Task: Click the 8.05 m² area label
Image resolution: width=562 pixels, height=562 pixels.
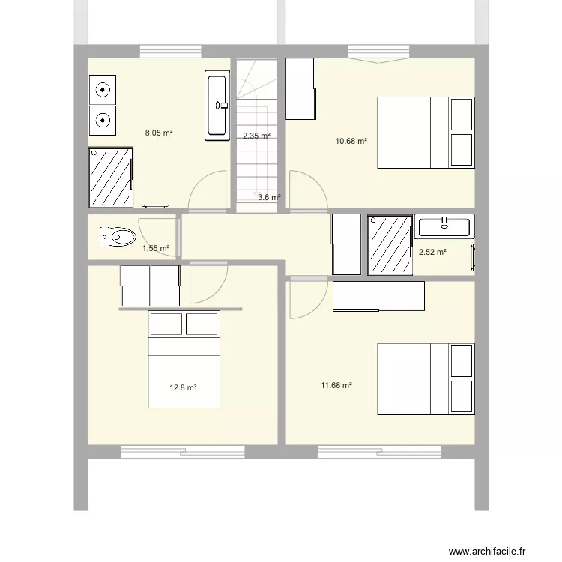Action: click(159, 133)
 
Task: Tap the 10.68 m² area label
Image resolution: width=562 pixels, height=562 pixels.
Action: click(352, 141)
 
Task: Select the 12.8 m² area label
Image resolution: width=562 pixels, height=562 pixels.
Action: click(183, 388)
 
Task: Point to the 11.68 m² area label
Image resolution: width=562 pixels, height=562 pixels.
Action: click(336, 386)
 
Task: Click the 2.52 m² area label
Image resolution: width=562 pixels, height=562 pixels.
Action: click(432, 253)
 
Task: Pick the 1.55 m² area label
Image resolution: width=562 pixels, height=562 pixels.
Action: click(156, 249)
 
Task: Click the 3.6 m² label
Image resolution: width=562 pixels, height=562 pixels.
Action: click(269, 198)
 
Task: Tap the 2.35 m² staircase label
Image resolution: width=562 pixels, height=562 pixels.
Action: click(256, 136)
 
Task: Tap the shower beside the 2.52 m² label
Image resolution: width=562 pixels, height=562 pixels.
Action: click(390, 245)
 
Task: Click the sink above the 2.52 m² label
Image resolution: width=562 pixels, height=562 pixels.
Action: click(444, 226)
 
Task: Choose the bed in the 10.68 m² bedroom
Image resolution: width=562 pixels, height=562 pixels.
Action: click(425, 133)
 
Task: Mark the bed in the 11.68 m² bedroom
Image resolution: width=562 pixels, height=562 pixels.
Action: click(425, 379)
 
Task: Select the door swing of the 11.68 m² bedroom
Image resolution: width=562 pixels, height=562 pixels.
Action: click(307, 297)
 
